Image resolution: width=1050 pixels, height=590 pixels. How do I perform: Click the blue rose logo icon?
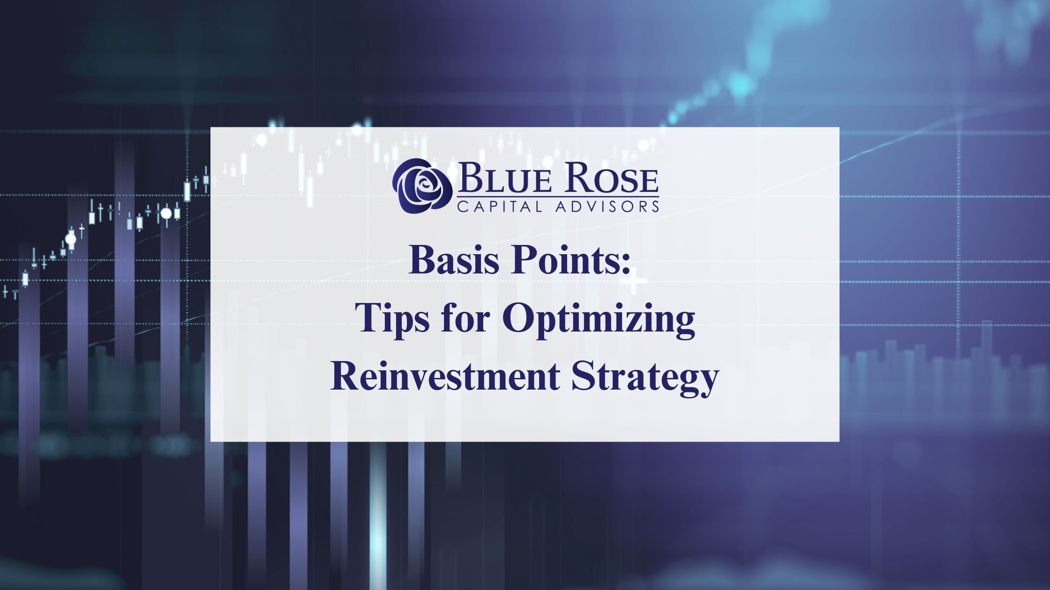tap(422, 186)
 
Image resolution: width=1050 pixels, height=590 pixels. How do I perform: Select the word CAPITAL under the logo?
tap(499, 206)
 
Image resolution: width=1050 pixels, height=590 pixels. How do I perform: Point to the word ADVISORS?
tap(607, 206)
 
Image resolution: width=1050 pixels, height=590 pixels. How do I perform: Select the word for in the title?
tap(466, 318)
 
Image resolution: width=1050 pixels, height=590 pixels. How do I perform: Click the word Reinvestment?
tap(445, 376)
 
